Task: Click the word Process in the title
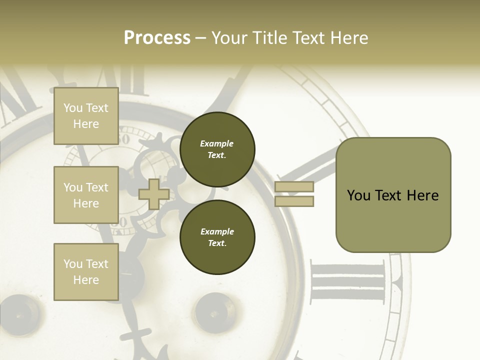157,38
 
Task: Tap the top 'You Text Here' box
86,116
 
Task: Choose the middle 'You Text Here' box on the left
86,195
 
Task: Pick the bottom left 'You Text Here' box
86,272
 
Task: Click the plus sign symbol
153,194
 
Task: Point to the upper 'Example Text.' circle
217,149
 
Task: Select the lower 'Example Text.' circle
217,237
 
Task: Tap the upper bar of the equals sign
294,187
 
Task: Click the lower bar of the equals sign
294,201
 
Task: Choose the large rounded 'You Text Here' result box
393,195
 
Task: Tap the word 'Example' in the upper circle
216,144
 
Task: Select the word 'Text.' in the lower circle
217,243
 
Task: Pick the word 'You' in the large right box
358,195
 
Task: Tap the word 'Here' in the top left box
86,124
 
